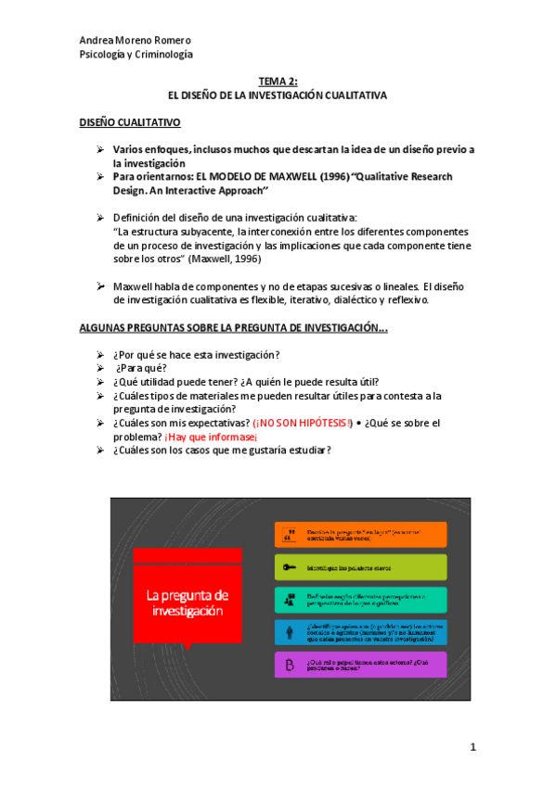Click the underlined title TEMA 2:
278,82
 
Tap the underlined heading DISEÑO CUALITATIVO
130,122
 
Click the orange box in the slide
361,535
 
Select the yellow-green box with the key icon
361,567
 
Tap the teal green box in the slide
361,600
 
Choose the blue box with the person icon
361,632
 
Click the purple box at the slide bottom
361,665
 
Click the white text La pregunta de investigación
187,603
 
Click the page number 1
472,747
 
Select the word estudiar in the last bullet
305,450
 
